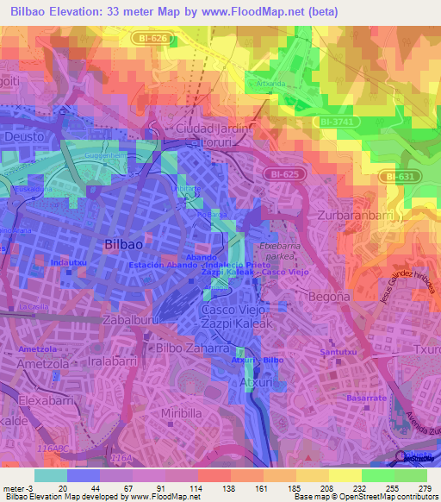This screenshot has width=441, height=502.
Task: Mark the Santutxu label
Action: pyautogui.click(x=338, y=352)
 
